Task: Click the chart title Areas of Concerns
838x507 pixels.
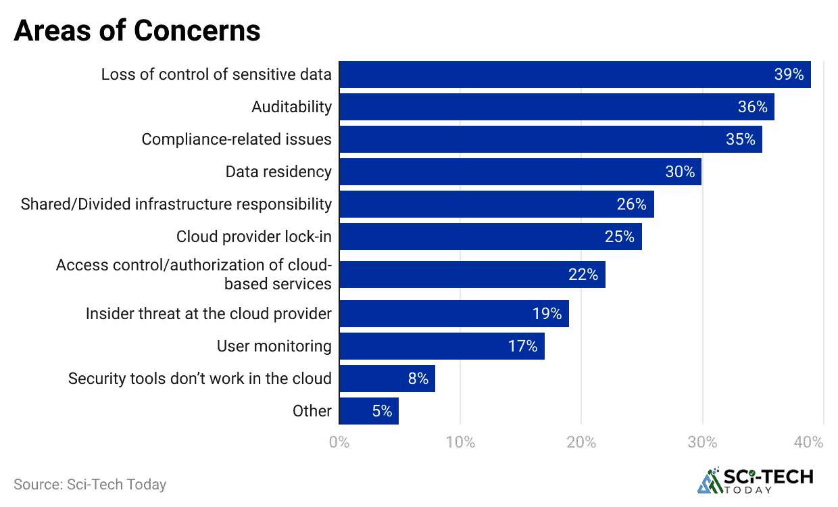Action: pyautogui.click(x=137, y=31)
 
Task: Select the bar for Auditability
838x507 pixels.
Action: pyautogui.click(x=556, y=107)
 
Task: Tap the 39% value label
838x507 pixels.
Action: pyautogui.click(x=789, y=74)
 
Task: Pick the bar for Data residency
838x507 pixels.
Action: pyautogui.click(x=520, y=172)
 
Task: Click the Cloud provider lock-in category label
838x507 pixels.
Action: pyautogui.click(x=254, y=237)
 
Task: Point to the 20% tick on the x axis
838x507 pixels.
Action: pyautogui.click(x=581, y=443)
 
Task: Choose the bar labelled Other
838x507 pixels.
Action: pyautogui.click(x=368, y=411)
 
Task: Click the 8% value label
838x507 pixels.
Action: pyautogui.click(x=418, y=379)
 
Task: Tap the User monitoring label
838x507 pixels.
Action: pyautogui.click(x=274, y=347)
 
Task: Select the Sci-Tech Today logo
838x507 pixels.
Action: pyautogui.click(x=755, y=481)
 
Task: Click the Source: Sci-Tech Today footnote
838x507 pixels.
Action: pyautogui.click(x=90, y=484)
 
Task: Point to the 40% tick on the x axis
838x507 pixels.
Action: pyautogui.click(x=809, y=443)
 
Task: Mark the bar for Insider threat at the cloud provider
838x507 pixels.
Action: pyautogui.click(x=453, y=314)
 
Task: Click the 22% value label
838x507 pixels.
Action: pyautogui.click(x=583, y=274)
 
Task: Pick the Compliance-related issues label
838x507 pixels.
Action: pyautogui.click(x=237, y=139)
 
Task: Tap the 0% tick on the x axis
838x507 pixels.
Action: pyautogui.click(x=339, y=443)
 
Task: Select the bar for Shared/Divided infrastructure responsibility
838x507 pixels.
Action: pyautogui.click(x=496, y=204)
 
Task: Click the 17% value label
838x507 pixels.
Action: pyautogui.click(x=522, y=347)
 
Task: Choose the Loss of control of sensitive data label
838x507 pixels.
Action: pyautogui.click(x=216, y=74)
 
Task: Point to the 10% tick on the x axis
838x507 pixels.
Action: pyautogui.click(x=460, y=443)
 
